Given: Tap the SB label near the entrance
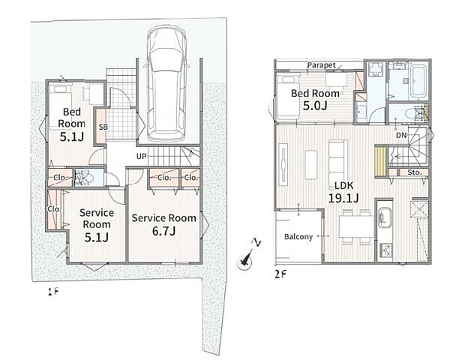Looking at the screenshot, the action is pos(103,127).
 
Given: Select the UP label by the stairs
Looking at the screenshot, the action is pos(142,157).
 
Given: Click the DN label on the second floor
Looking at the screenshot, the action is pos(402,135).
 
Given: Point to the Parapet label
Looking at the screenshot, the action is pos(321,65).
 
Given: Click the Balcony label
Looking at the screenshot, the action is pos(298,237).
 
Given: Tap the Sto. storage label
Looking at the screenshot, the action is pos(415,172).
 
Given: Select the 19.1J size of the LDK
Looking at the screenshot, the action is pos(343,198).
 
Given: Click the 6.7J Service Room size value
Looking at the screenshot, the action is pos(163,231).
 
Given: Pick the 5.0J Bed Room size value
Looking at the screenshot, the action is pos(315,106).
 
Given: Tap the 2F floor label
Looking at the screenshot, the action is pos(280,274).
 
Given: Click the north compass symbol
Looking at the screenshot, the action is pos(247,258).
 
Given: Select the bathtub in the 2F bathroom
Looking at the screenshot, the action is pos(418,82).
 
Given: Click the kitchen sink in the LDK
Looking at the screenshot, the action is pos(385,217).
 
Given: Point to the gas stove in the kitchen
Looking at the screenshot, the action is pos(385,250).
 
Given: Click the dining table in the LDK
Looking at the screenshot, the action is pos(356,226).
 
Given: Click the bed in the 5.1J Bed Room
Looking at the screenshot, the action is pos(59,106).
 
